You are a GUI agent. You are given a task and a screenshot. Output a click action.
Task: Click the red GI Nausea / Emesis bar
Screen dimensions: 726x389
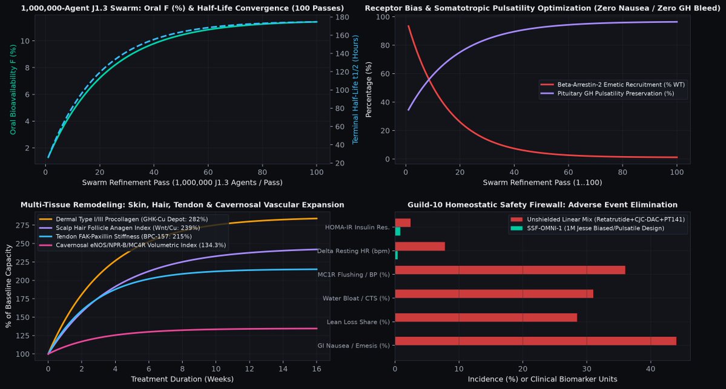[535, 341]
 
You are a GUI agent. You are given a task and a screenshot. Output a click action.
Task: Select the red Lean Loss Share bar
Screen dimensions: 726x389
[486, 317]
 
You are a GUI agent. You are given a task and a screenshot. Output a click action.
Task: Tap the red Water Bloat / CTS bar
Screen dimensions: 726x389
[494, 293]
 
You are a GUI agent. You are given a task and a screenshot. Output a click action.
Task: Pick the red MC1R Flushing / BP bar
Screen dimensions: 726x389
[510, 270]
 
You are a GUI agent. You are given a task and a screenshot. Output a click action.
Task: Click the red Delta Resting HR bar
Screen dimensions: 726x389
[420, 247]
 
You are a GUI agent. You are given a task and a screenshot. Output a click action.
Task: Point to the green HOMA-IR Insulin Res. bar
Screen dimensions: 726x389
[398, 231]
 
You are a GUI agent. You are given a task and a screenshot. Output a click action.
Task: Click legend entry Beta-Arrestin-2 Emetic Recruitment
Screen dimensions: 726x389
[613, 85]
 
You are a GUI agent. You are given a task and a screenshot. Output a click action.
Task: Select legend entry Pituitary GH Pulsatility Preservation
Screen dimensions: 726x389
[607, 93]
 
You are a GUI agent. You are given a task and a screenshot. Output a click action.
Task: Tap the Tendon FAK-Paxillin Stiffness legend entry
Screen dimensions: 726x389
[116, 237]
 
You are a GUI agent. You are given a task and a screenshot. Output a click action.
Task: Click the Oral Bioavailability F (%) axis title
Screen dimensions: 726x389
[13, 90]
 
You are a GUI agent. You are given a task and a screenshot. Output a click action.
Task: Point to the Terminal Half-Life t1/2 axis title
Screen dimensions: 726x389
[355, 90]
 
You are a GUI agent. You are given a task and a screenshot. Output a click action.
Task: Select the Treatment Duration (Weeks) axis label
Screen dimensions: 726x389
[182, 379]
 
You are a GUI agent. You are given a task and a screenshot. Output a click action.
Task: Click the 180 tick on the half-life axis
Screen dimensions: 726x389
[342, 17]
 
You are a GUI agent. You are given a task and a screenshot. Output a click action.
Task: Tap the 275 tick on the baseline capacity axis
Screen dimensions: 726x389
[22, 225]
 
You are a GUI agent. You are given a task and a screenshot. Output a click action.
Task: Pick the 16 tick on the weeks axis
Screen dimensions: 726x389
[317, 368]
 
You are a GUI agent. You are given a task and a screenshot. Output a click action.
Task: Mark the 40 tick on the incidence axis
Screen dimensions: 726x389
[650, 368]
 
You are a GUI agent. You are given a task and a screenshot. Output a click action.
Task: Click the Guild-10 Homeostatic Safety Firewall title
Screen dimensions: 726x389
[542, 204]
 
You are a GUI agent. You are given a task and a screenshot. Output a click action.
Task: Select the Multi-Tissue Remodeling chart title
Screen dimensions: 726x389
[182, 204]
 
